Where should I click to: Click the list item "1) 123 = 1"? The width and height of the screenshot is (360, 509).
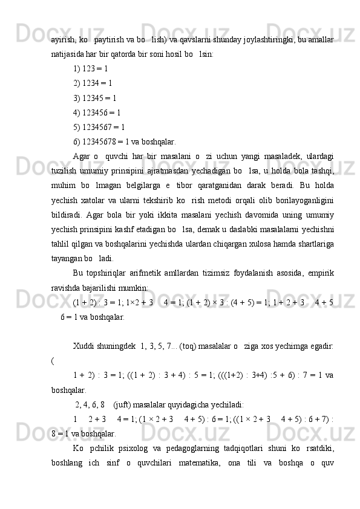click(90, 69)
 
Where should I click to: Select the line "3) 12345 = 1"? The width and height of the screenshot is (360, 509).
click(94, 98)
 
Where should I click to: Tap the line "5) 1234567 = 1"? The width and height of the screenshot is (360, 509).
click(99, 127)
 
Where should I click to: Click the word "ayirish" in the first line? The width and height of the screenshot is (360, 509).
click(62, 39)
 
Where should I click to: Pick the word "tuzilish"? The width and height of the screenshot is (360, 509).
click(64, 171)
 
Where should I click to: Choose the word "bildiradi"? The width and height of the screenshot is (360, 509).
click(68, 215)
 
